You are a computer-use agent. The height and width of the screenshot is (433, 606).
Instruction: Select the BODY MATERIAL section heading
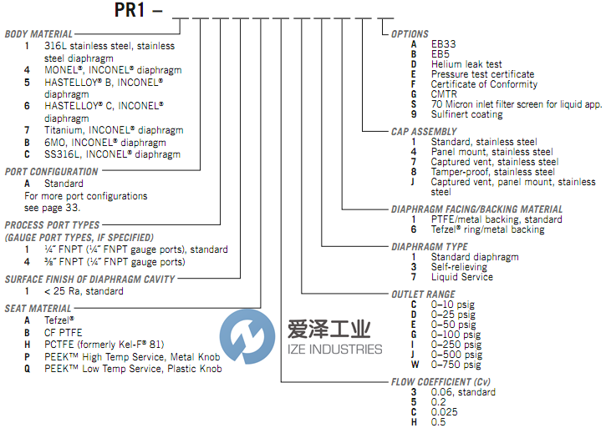click(38, 34)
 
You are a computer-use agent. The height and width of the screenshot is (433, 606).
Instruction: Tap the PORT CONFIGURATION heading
click(52, 172)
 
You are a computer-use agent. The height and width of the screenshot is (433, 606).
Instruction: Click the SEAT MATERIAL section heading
click(38, 309)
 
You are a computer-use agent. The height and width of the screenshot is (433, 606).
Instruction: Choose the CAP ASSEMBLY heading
click(424, 132)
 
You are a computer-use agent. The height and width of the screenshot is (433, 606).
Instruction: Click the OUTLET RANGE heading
click(423, 295)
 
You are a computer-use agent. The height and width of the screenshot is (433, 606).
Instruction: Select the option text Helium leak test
click(466, 64)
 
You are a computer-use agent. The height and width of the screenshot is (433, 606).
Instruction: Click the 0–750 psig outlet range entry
click(456, 365)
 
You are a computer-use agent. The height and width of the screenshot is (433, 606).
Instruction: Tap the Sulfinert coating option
click(466, 114)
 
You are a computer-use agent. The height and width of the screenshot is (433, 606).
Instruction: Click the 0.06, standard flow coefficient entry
click(463, 392)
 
